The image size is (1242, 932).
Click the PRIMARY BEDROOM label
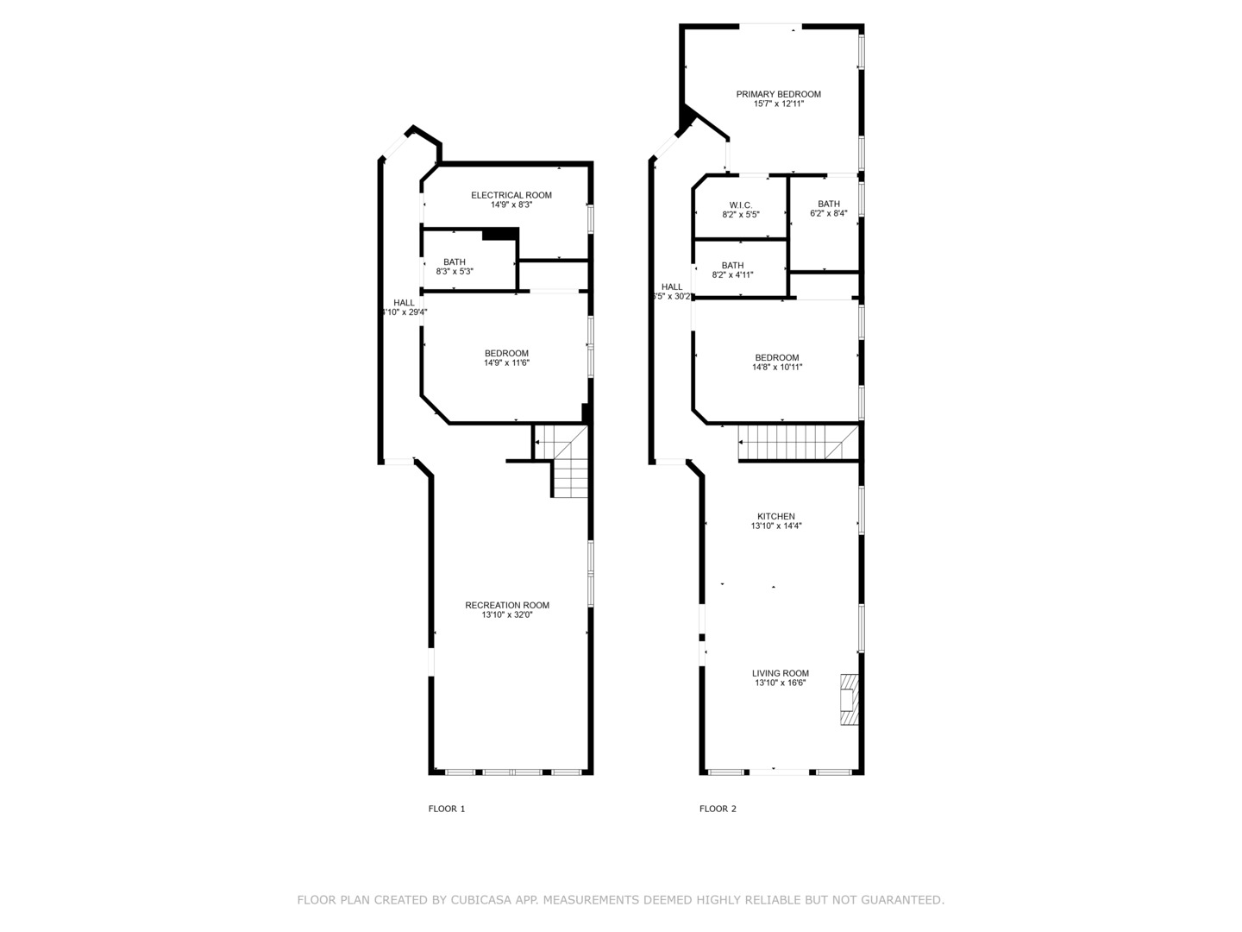(x=778, y=94)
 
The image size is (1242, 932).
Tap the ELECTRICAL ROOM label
(x=511, y=195)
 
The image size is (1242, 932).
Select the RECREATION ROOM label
(x=506, y=605)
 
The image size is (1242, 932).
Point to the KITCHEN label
(x=775, y=516)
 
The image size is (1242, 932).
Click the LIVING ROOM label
(x=780, y=673)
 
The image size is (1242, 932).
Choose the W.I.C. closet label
(x=740, y=205)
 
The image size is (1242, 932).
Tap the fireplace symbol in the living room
(x=850, y=699)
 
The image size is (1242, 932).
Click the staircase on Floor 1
(x=568, y=466)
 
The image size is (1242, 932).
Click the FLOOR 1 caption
(x=447, y=809)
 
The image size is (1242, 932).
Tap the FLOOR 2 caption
(x=718, y=809)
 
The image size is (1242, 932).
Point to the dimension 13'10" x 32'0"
(x=506, y=614)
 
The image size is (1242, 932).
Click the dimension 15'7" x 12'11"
(x=778, y=104)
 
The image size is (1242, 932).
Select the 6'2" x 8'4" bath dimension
(x=828, y=213)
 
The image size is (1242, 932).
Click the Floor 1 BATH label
(x=455, y=261)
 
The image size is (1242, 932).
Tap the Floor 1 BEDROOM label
(x=506, y=353)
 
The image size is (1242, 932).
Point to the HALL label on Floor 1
(x=404, y=302)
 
